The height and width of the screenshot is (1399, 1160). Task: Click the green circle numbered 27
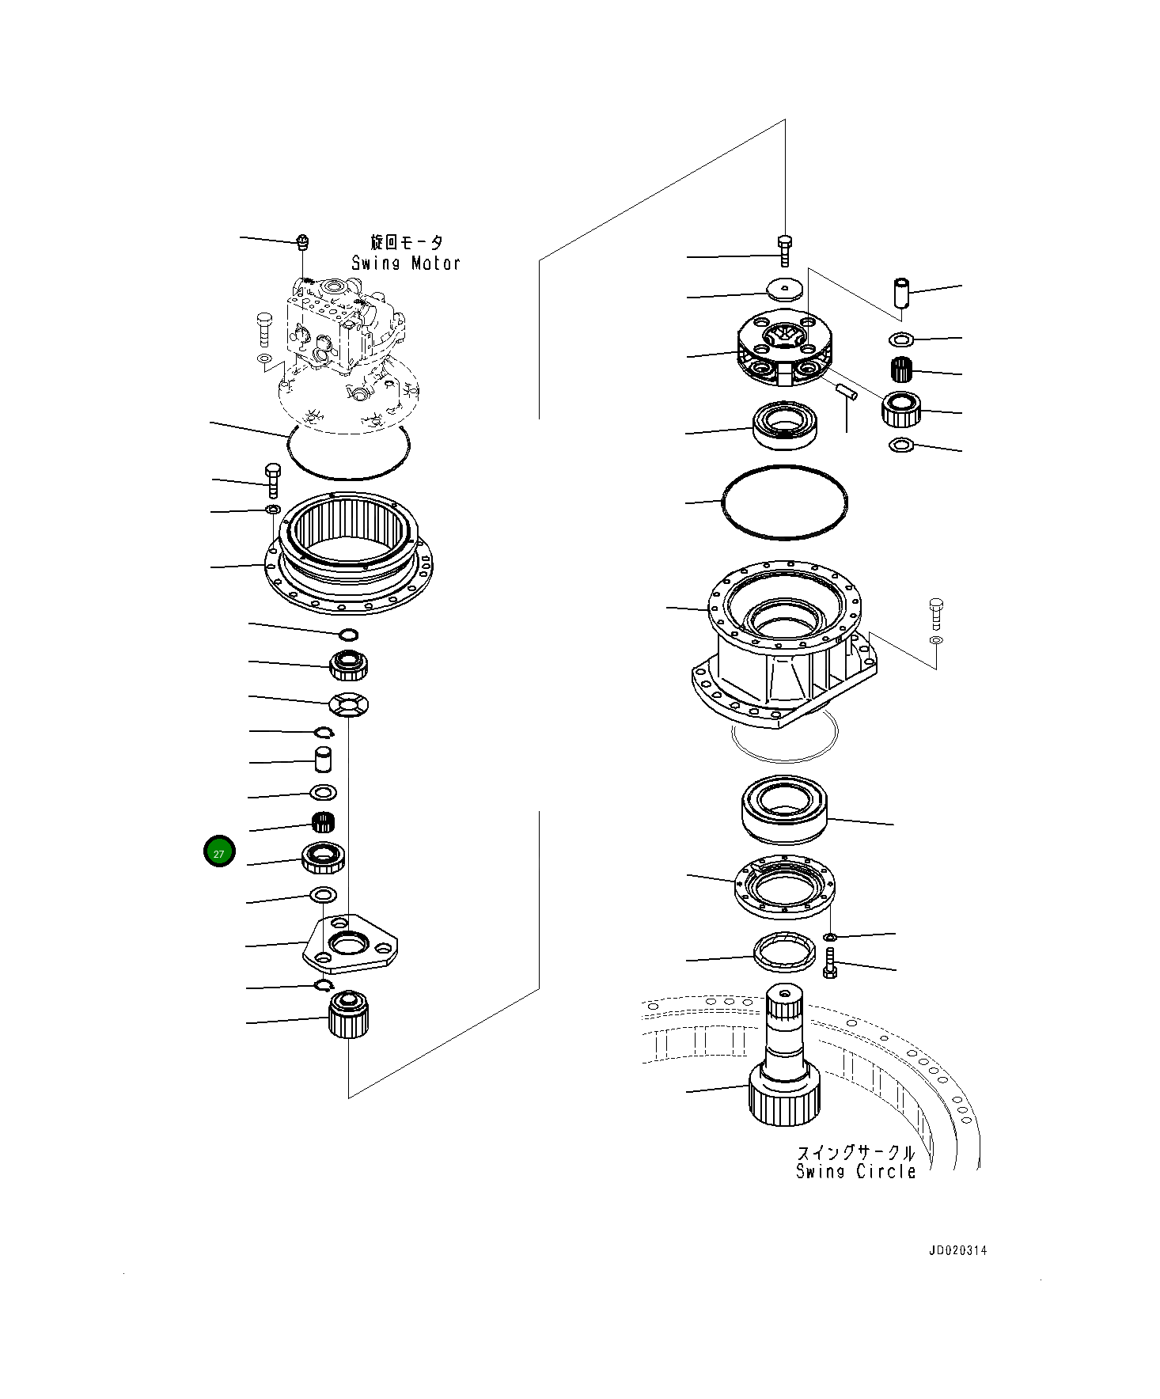point(219,851)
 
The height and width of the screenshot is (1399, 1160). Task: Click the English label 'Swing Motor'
point(406,263)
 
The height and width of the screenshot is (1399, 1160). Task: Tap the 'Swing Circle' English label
point(855,1172)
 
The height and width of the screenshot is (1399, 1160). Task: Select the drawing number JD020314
point(957,1251)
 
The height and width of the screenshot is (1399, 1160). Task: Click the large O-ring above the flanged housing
point(784,502)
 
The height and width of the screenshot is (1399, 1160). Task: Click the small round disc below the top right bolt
point(784,289)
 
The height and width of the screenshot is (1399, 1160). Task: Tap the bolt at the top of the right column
point(784,249)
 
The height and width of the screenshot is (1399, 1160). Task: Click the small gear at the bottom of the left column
point(348,1015)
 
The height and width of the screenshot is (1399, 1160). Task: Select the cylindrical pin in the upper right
point(901,292)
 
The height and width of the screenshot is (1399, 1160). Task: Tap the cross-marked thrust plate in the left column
point(349,703)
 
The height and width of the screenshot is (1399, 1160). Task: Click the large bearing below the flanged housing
point(784,809)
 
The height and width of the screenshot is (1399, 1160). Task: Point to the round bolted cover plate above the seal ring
point(784,887)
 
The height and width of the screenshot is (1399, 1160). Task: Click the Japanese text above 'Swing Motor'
point(408,242)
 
